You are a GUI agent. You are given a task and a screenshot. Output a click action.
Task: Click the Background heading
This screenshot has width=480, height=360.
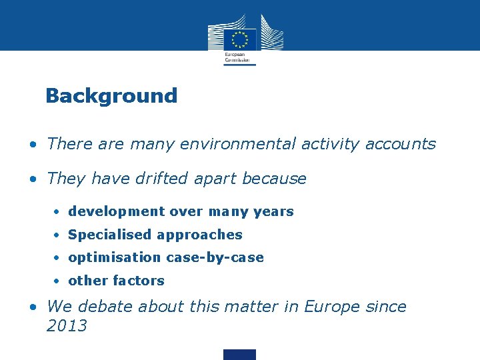coord(111,96)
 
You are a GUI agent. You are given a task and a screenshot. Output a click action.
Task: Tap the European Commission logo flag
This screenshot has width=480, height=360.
coord(240,39)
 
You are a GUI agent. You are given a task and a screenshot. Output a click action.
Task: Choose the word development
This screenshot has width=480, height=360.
coord(117,211)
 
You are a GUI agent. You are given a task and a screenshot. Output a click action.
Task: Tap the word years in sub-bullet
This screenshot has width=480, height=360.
coord(274,211)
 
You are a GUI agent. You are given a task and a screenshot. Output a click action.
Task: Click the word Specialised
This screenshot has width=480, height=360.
coord(109,235)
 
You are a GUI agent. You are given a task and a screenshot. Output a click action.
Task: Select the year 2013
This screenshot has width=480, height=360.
coord(67,326)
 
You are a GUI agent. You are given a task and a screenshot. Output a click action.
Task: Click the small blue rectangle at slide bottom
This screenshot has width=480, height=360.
coord(240,354)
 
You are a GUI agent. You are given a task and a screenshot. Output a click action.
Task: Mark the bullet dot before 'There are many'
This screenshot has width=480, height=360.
coord(33,144)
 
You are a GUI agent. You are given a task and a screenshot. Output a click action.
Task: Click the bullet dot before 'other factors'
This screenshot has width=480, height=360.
coord(59,281)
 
